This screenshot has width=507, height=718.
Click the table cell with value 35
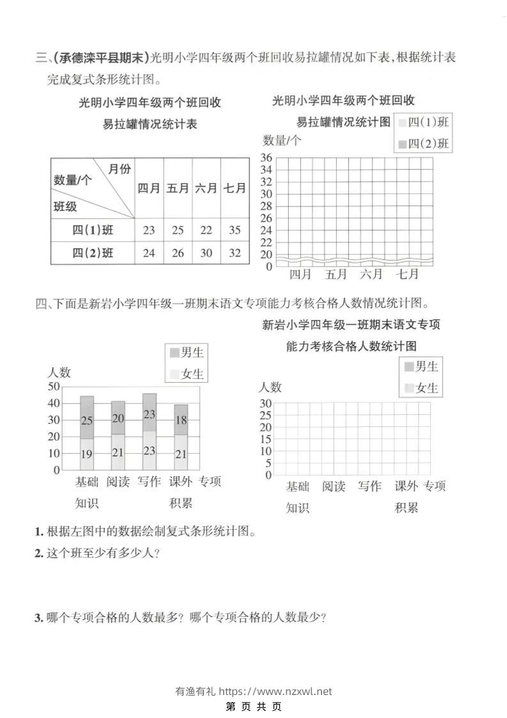pyautogui.click(x=235, y=230)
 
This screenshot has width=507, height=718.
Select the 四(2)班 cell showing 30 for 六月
pyautogui.click(x=206, y=253)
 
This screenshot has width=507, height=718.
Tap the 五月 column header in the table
pyautogui.click(x=178, y=189)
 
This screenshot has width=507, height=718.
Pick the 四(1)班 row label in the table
pyautogui.click(x=93, y=230)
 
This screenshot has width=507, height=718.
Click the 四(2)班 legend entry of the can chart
pyautogui.click(x=423, y=143)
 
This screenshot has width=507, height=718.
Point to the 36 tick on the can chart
pyautogui.click(x=266, y=158)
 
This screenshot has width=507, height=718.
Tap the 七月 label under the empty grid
pyautogui.click(x=407, y=275)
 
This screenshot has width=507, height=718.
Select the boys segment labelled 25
pyautogui.click(x=87, y=420)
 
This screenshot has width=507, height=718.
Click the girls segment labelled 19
pyautogui.click(x=87, y=454)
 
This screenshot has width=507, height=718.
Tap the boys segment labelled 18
pyautogui.click(x=181, y=420)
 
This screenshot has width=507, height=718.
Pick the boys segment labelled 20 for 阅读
pyautogui.click(x=118, y=418)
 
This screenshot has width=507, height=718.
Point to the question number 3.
pyautogui.click(x=38, y=618)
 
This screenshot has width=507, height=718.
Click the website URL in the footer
pyautogui.click(x=276, y=691)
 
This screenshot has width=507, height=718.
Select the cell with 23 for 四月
pyautogui.click(x=149, y=230)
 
